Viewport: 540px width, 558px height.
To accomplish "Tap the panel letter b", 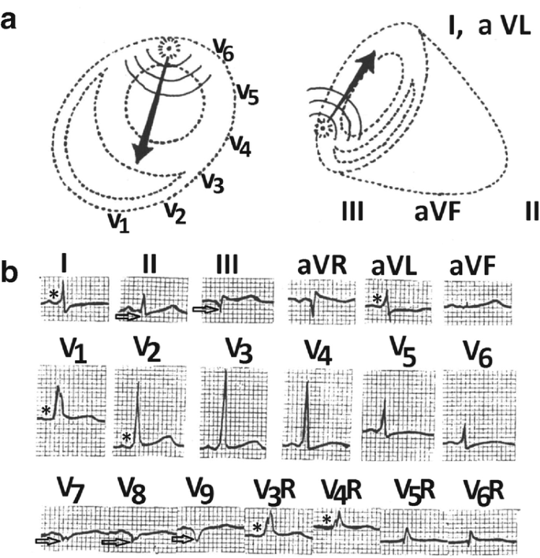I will tap(10, 277).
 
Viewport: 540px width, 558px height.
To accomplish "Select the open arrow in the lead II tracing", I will tap(126, 315).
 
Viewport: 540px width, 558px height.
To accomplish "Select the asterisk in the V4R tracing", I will tap(326, 519).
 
